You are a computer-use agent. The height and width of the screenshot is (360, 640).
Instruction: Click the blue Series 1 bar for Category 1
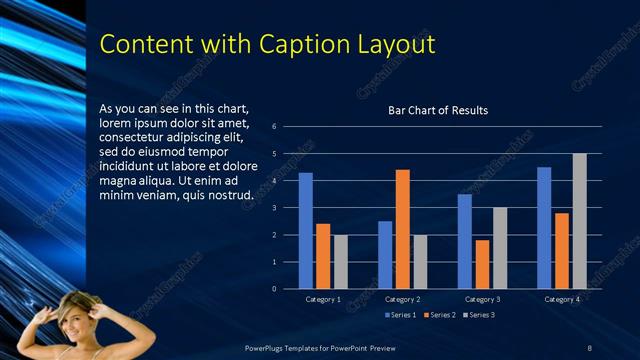306,231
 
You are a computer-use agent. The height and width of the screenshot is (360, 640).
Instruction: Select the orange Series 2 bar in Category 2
402,229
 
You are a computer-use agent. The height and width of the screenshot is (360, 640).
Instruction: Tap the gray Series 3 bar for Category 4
579,221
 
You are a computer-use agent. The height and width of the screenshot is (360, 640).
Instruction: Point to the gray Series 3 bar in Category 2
420,262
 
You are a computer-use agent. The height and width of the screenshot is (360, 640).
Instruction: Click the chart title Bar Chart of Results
438,110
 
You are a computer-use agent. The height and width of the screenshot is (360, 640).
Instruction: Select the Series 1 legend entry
403,315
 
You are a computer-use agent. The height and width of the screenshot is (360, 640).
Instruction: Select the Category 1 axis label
323,299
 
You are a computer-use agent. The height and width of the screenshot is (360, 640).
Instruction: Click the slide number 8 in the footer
589,347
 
